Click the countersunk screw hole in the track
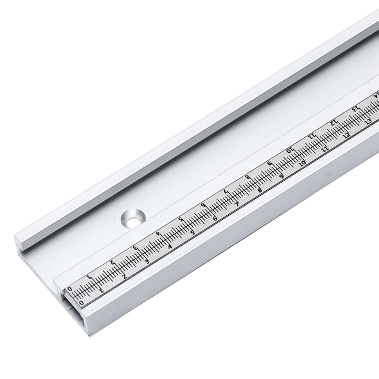(x=133, y=217)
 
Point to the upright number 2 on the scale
(x=124, y=276)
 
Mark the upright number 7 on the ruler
(x=237, y=205)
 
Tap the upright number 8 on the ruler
(x=259, y=190)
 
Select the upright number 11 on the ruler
(x=325, y=149)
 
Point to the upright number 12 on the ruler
(x=346, y=136)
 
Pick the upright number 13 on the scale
(x=368, y=123)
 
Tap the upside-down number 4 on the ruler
(x=159, y=234)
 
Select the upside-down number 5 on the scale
(x=181, y=220)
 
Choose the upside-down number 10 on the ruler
(x=291, y=150)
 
